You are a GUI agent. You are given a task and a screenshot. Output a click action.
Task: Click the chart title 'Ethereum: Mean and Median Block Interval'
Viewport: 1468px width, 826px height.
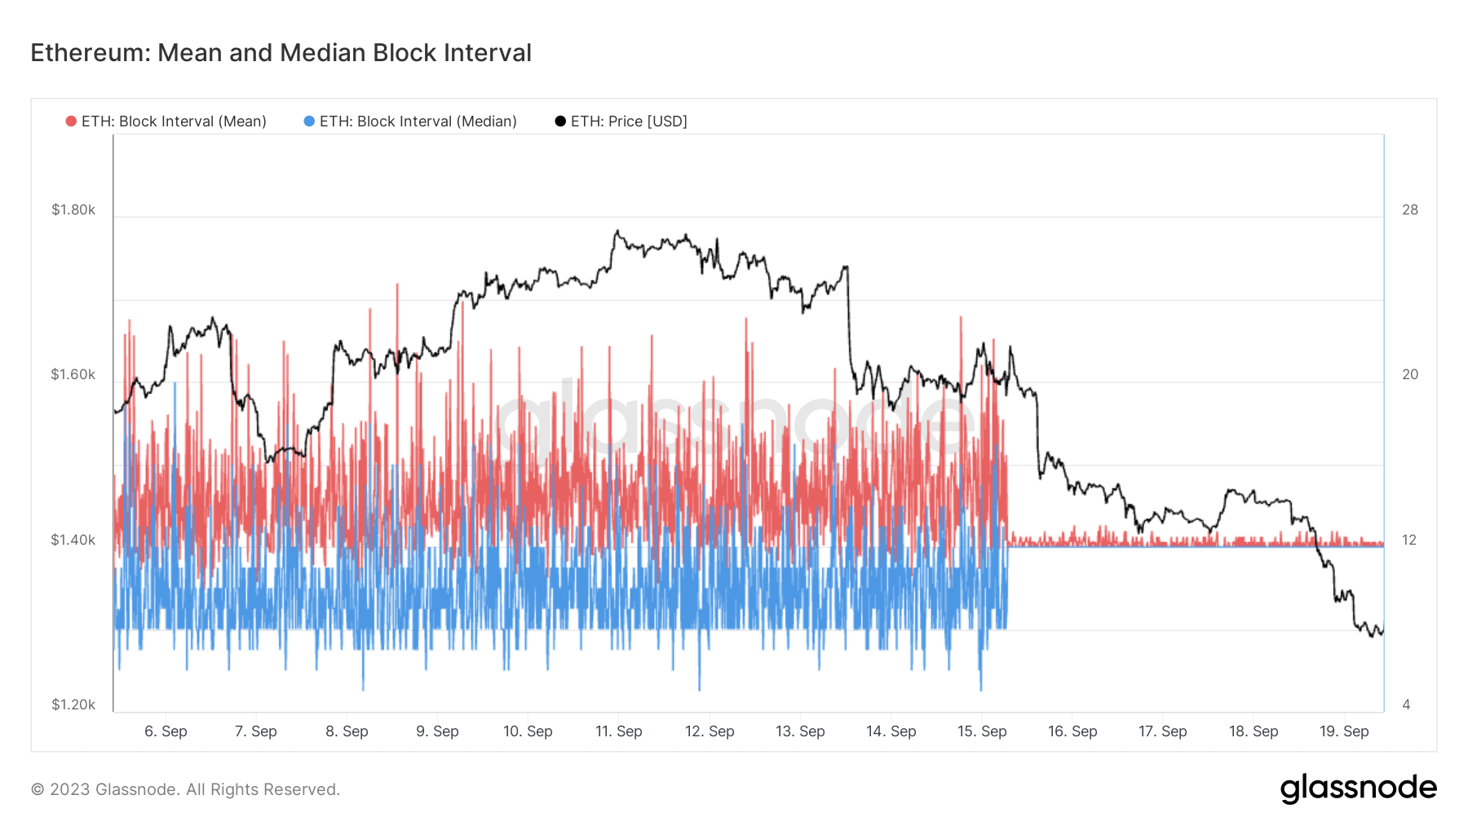[281, 53]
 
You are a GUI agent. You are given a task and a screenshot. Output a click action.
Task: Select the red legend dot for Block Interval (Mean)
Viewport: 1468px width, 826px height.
[71, 121]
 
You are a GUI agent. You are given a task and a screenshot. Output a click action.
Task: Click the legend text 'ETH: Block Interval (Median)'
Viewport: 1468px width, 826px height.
[418, 121]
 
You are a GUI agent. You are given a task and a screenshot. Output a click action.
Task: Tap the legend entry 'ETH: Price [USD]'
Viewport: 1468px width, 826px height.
[628, 121]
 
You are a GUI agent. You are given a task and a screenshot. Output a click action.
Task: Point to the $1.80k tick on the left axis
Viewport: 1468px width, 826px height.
[73, 210]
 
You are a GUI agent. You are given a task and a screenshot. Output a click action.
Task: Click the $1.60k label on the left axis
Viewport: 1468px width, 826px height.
[73, 374]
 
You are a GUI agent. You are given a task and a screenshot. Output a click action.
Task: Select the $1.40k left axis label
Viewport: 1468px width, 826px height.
[73, 540]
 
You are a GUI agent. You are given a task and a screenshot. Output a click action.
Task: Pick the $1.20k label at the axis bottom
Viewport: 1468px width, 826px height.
[73, 705]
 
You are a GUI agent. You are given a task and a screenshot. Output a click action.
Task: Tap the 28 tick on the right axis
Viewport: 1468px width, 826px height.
[1409, 210]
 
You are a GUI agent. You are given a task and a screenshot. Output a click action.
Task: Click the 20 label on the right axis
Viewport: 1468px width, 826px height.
[1409, 374]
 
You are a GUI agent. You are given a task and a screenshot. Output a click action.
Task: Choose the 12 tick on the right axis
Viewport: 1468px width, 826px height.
[1408, 540]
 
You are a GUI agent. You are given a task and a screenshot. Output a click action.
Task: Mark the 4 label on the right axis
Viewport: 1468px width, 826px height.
[1406, 705]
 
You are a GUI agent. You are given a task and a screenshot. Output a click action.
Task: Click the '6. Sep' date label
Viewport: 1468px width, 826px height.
[166, 731]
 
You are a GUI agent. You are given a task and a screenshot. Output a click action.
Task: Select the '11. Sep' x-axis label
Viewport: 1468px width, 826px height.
[618, 731]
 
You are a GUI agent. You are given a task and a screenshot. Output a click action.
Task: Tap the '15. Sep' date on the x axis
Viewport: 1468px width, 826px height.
[981, 731]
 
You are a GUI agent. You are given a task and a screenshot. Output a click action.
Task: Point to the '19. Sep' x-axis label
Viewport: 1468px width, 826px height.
[1343, 731]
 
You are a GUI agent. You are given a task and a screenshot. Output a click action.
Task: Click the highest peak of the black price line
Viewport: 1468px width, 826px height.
[617, 232]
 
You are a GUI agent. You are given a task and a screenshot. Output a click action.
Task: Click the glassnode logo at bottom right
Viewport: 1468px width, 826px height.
[1358, 788]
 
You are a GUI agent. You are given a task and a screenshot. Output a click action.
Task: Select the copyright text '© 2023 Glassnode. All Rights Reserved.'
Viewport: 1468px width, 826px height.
[185, 789]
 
